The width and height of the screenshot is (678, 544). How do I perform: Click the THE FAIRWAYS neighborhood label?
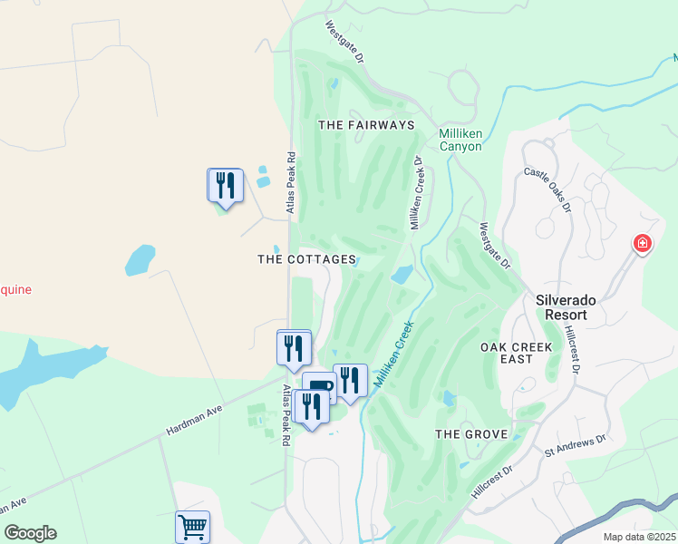pos(366,124)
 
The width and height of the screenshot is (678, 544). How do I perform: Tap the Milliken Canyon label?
pos(460,140)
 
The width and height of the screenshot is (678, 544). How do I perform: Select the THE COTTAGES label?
pos(306,259)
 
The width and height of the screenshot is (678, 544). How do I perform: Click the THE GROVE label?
pos(470,434)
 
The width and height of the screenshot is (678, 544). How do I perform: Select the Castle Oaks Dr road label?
pos(547,189)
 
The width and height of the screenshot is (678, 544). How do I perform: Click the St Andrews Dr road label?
pos(574,444)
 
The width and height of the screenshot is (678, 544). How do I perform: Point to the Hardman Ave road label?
pos(194,423)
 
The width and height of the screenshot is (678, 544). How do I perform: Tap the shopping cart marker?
pos(192,525)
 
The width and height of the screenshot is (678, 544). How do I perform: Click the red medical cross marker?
pos(642,244)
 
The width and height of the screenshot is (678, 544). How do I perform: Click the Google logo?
pos(30,533)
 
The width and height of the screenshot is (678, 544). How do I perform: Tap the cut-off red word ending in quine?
pos(15,290)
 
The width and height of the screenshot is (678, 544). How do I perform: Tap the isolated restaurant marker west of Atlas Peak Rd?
pos(225,185)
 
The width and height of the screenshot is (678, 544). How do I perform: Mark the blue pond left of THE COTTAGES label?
pos(140,260)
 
